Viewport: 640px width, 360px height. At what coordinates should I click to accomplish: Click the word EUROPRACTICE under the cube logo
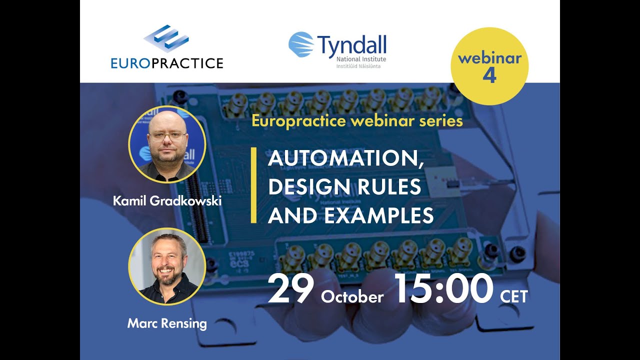click(167, 63)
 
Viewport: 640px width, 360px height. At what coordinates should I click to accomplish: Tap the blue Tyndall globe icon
click(301, 44)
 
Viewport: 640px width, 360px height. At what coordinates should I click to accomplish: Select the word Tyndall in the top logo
click(351, 45)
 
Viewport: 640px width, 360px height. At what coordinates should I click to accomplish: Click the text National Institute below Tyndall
click(361, 59)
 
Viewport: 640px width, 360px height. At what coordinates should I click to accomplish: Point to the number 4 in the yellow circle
click(489, 75)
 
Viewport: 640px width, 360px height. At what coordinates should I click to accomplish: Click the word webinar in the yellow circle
click(489, 58)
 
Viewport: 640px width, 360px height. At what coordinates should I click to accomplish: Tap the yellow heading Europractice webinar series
click(357, 121)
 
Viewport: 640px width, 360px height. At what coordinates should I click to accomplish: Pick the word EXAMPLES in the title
click(378, 215)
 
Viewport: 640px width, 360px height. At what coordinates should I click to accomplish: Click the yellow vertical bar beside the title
click(253, 185)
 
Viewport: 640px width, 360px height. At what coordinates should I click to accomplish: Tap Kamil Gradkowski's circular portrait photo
click(167, 144)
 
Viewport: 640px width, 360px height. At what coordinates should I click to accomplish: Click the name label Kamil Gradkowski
click(167, 201)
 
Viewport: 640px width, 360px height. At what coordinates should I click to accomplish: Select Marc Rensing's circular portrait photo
click(167, 266)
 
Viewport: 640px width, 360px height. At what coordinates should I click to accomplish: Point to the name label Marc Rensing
click(167, 323)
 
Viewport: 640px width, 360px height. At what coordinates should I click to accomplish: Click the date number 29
click(290, 290)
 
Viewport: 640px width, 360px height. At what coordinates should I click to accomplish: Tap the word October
click(352, 297)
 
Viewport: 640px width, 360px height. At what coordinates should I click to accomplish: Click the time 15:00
click(443, 289)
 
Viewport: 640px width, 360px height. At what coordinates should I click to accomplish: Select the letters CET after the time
click(513, 296)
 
